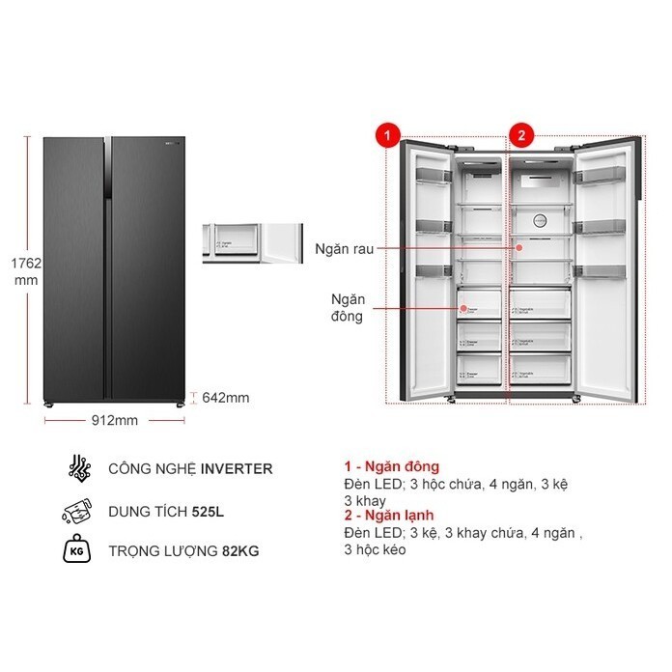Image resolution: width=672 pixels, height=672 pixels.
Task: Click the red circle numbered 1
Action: tap(387, 136)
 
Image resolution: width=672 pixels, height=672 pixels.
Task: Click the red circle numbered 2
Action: tap(521, 136)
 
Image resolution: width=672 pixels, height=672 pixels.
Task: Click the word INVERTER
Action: tap(237, 469)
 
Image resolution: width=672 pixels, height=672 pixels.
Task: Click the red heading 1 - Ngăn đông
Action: tap(391, 466)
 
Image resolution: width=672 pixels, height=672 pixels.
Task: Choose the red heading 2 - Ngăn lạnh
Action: tap(391, 517)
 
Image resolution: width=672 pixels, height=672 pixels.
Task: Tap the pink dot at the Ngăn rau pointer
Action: tap(518, 247)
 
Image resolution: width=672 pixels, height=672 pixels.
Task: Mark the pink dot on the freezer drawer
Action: tap(464, 310)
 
